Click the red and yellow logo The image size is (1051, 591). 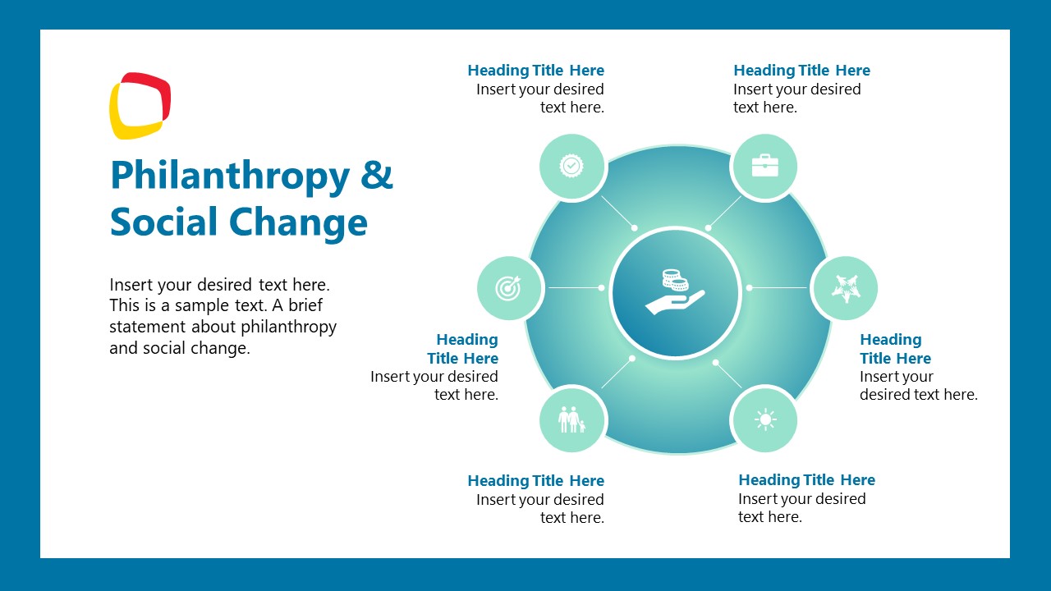(140, 105)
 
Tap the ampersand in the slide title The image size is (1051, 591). (377, 176)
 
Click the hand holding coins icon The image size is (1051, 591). (676, 292)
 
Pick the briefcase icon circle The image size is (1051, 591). (764, 167)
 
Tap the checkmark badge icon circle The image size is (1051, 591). (571, 167)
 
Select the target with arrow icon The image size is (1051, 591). (509, 288)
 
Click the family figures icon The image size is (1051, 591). (571, 419)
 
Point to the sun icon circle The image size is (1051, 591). (764, 419)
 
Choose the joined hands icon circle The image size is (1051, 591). (844, 288)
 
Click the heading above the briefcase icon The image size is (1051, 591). (801, 71)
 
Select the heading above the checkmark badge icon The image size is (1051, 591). (535, 71)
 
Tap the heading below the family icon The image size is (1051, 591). (535, 481)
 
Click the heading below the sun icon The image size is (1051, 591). (806, 480)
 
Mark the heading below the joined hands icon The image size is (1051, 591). (894, 349)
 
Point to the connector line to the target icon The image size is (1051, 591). (575, 288)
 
